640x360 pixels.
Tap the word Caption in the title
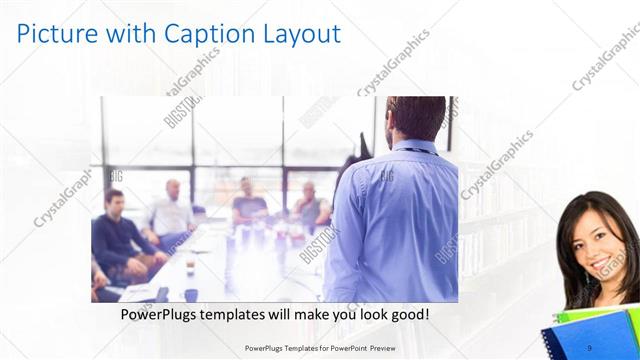(202, 34)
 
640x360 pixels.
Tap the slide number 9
(590, 347)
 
